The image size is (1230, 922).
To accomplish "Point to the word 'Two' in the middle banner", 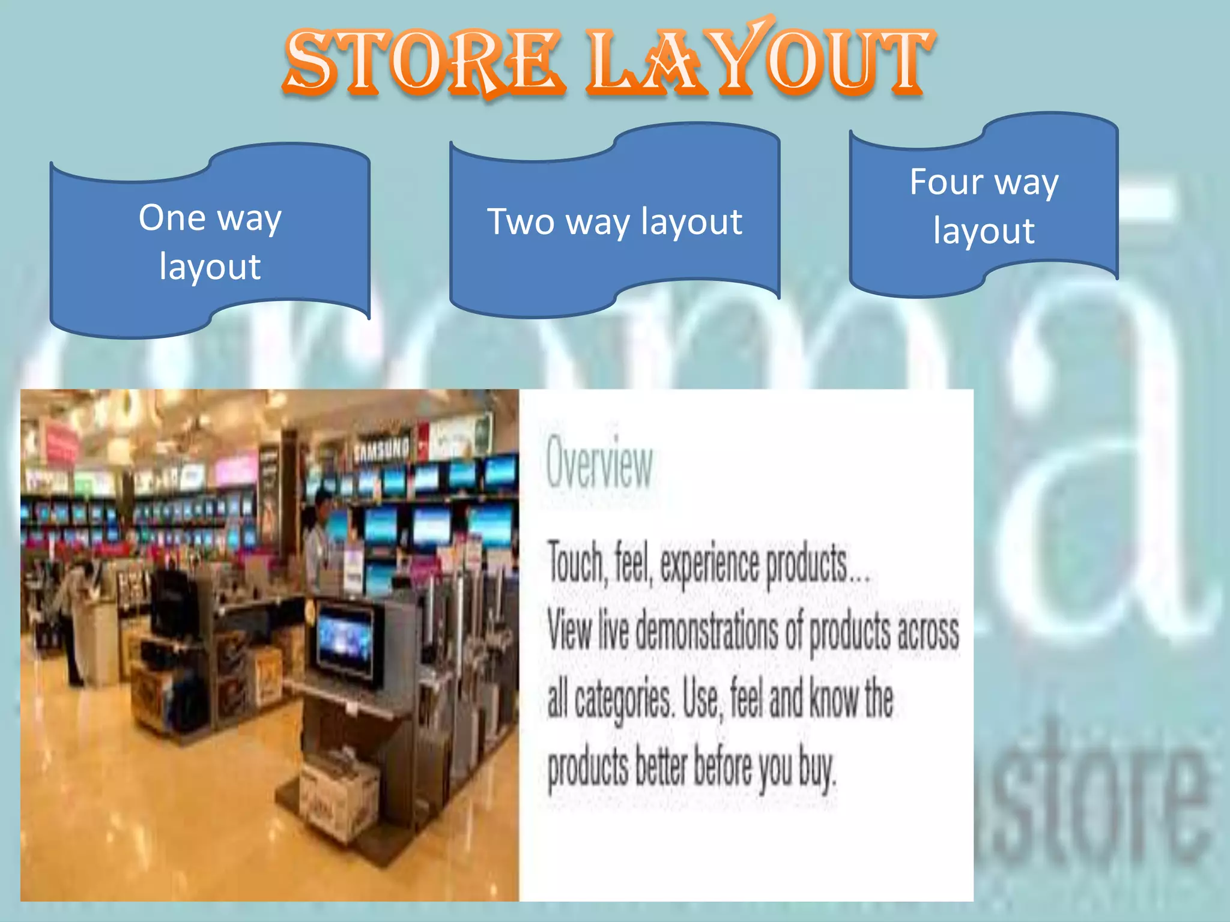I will click(520, 221).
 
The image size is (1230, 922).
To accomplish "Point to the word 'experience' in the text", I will click(709, 564).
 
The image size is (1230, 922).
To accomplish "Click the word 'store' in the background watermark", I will click(1093, 792).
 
